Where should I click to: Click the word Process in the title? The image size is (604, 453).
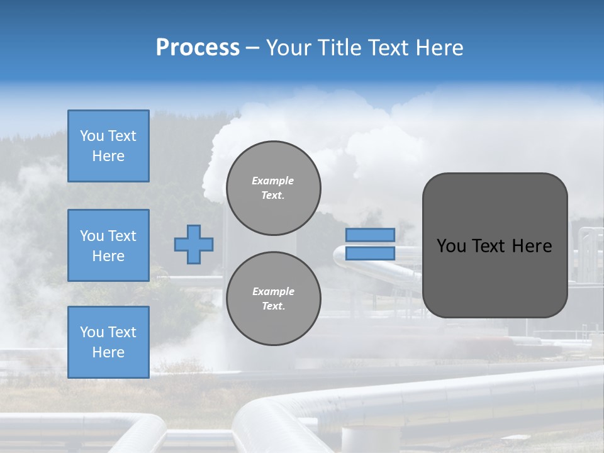point(198,48)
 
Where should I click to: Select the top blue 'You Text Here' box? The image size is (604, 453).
point(108,146)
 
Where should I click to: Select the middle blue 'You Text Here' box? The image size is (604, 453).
point(108,245)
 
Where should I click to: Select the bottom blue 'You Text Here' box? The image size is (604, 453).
point(108,342)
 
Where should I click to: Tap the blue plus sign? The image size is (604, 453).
point(194,244)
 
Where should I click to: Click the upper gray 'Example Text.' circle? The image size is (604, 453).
point(274,187)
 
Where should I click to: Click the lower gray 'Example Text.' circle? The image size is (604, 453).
point(274,298)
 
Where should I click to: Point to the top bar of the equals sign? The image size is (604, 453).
point(370,235)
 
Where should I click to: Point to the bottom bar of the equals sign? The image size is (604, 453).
point(370,253)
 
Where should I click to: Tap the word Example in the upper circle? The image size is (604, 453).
point(272,181)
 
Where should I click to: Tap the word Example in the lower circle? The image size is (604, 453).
point(272,291)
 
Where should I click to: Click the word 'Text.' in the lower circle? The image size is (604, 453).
point(273,306)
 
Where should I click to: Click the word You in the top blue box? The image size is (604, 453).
point(92,136)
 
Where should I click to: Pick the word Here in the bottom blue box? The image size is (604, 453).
point(108,352)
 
